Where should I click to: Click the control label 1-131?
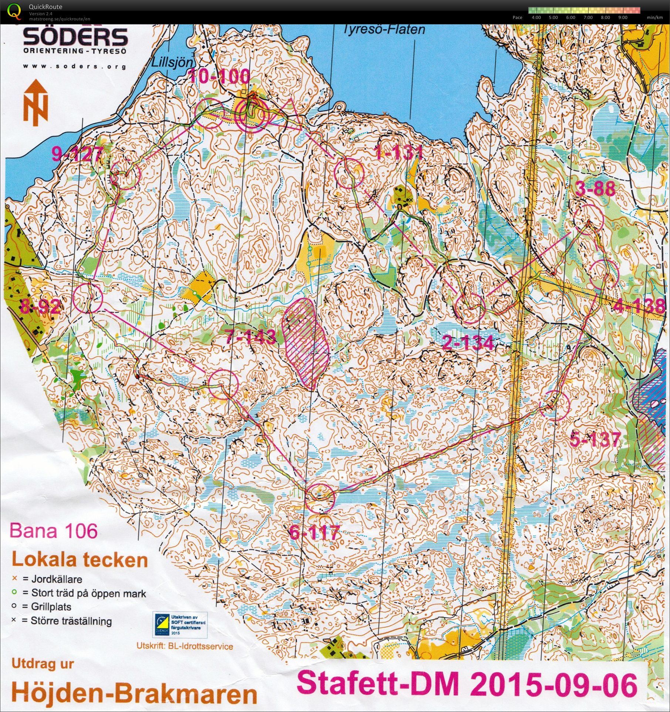tap(399, 152)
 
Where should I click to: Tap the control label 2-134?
tap(468, 343)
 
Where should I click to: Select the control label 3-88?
tap(595, 189)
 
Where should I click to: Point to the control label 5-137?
tap(595, 439)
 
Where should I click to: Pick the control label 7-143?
tap(250, 336)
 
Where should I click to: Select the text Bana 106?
tap(54, 531)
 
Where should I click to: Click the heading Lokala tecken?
tap(80, 560)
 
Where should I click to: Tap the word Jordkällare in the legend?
tap(57, 579)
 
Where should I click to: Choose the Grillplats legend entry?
tap(51, 607)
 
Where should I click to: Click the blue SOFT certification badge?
tap(180, 625)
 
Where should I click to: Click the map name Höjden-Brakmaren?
tap(134, 694)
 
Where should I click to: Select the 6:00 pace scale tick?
tap(570, 17)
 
